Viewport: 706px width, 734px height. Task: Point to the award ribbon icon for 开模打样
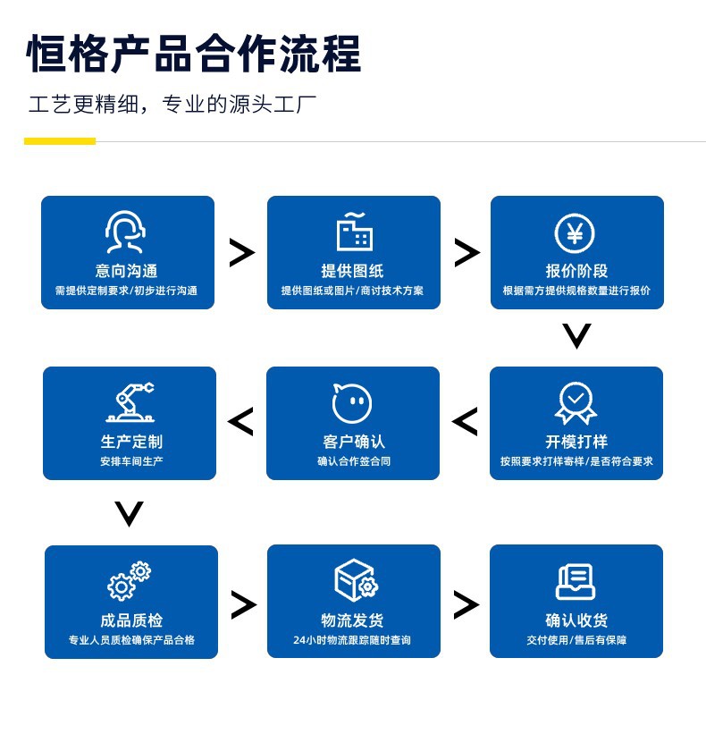[576, 403]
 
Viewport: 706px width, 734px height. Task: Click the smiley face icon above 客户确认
[352, 403]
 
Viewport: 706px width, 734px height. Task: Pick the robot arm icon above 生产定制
[130, 403]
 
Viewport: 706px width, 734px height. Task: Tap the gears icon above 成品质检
[130, 581]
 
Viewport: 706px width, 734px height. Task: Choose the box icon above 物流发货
[355, 581]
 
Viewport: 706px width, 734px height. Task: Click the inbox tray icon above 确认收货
[576, 581]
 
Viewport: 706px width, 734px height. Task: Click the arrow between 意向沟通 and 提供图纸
[241, 253]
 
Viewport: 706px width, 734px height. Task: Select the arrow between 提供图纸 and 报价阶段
[466, 253]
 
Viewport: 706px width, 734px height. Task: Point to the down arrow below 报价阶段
[576, 336]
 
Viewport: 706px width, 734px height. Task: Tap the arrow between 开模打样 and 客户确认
[465, 422]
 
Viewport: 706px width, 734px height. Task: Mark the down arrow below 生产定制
[130, 513]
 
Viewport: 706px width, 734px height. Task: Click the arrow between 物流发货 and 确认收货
[466, 605]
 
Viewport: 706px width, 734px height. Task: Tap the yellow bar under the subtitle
[59, 141]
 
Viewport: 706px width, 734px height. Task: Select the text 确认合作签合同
[354, 462]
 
